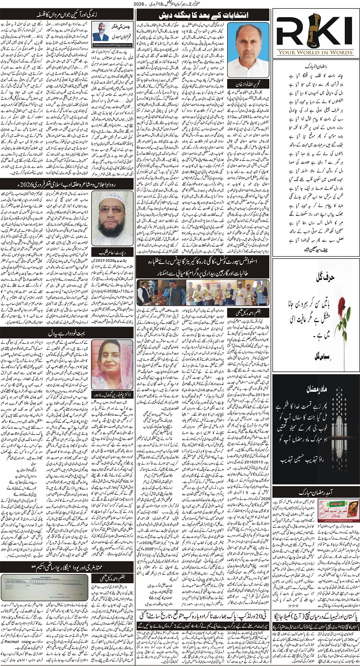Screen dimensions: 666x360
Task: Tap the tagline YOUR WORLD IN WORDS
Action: (316, 52)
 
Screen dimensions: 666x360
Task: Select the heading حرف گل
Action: (316, 276)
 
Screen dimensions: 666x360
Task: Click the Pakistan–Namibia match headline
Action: (316, 615)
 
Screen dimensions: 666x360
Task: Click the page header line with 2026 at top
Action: (180, 4)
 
